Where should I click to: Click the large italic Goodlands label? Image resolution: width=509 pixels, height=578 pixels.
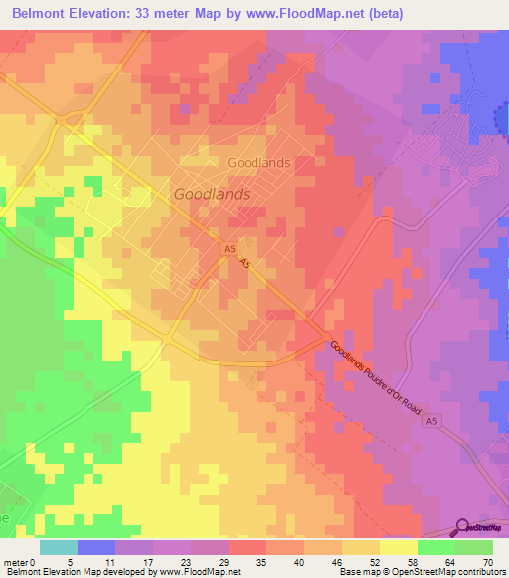tap(211, 195)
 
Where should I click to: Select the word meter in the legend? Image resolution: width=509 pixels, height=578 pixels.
tap(16, 561)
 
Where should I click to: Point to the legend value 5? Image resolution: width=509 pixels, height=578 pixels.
tap(78, 561)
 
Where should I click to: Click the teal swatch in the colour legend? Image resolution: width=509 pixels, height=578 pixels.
tap(59, 547)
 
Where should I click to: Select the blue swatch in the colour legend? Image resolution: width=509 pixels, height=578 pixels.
tap(96, 547)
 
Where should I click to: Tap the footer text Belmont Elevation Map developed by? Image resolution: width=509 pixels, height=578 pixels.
tap(75, 572)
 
